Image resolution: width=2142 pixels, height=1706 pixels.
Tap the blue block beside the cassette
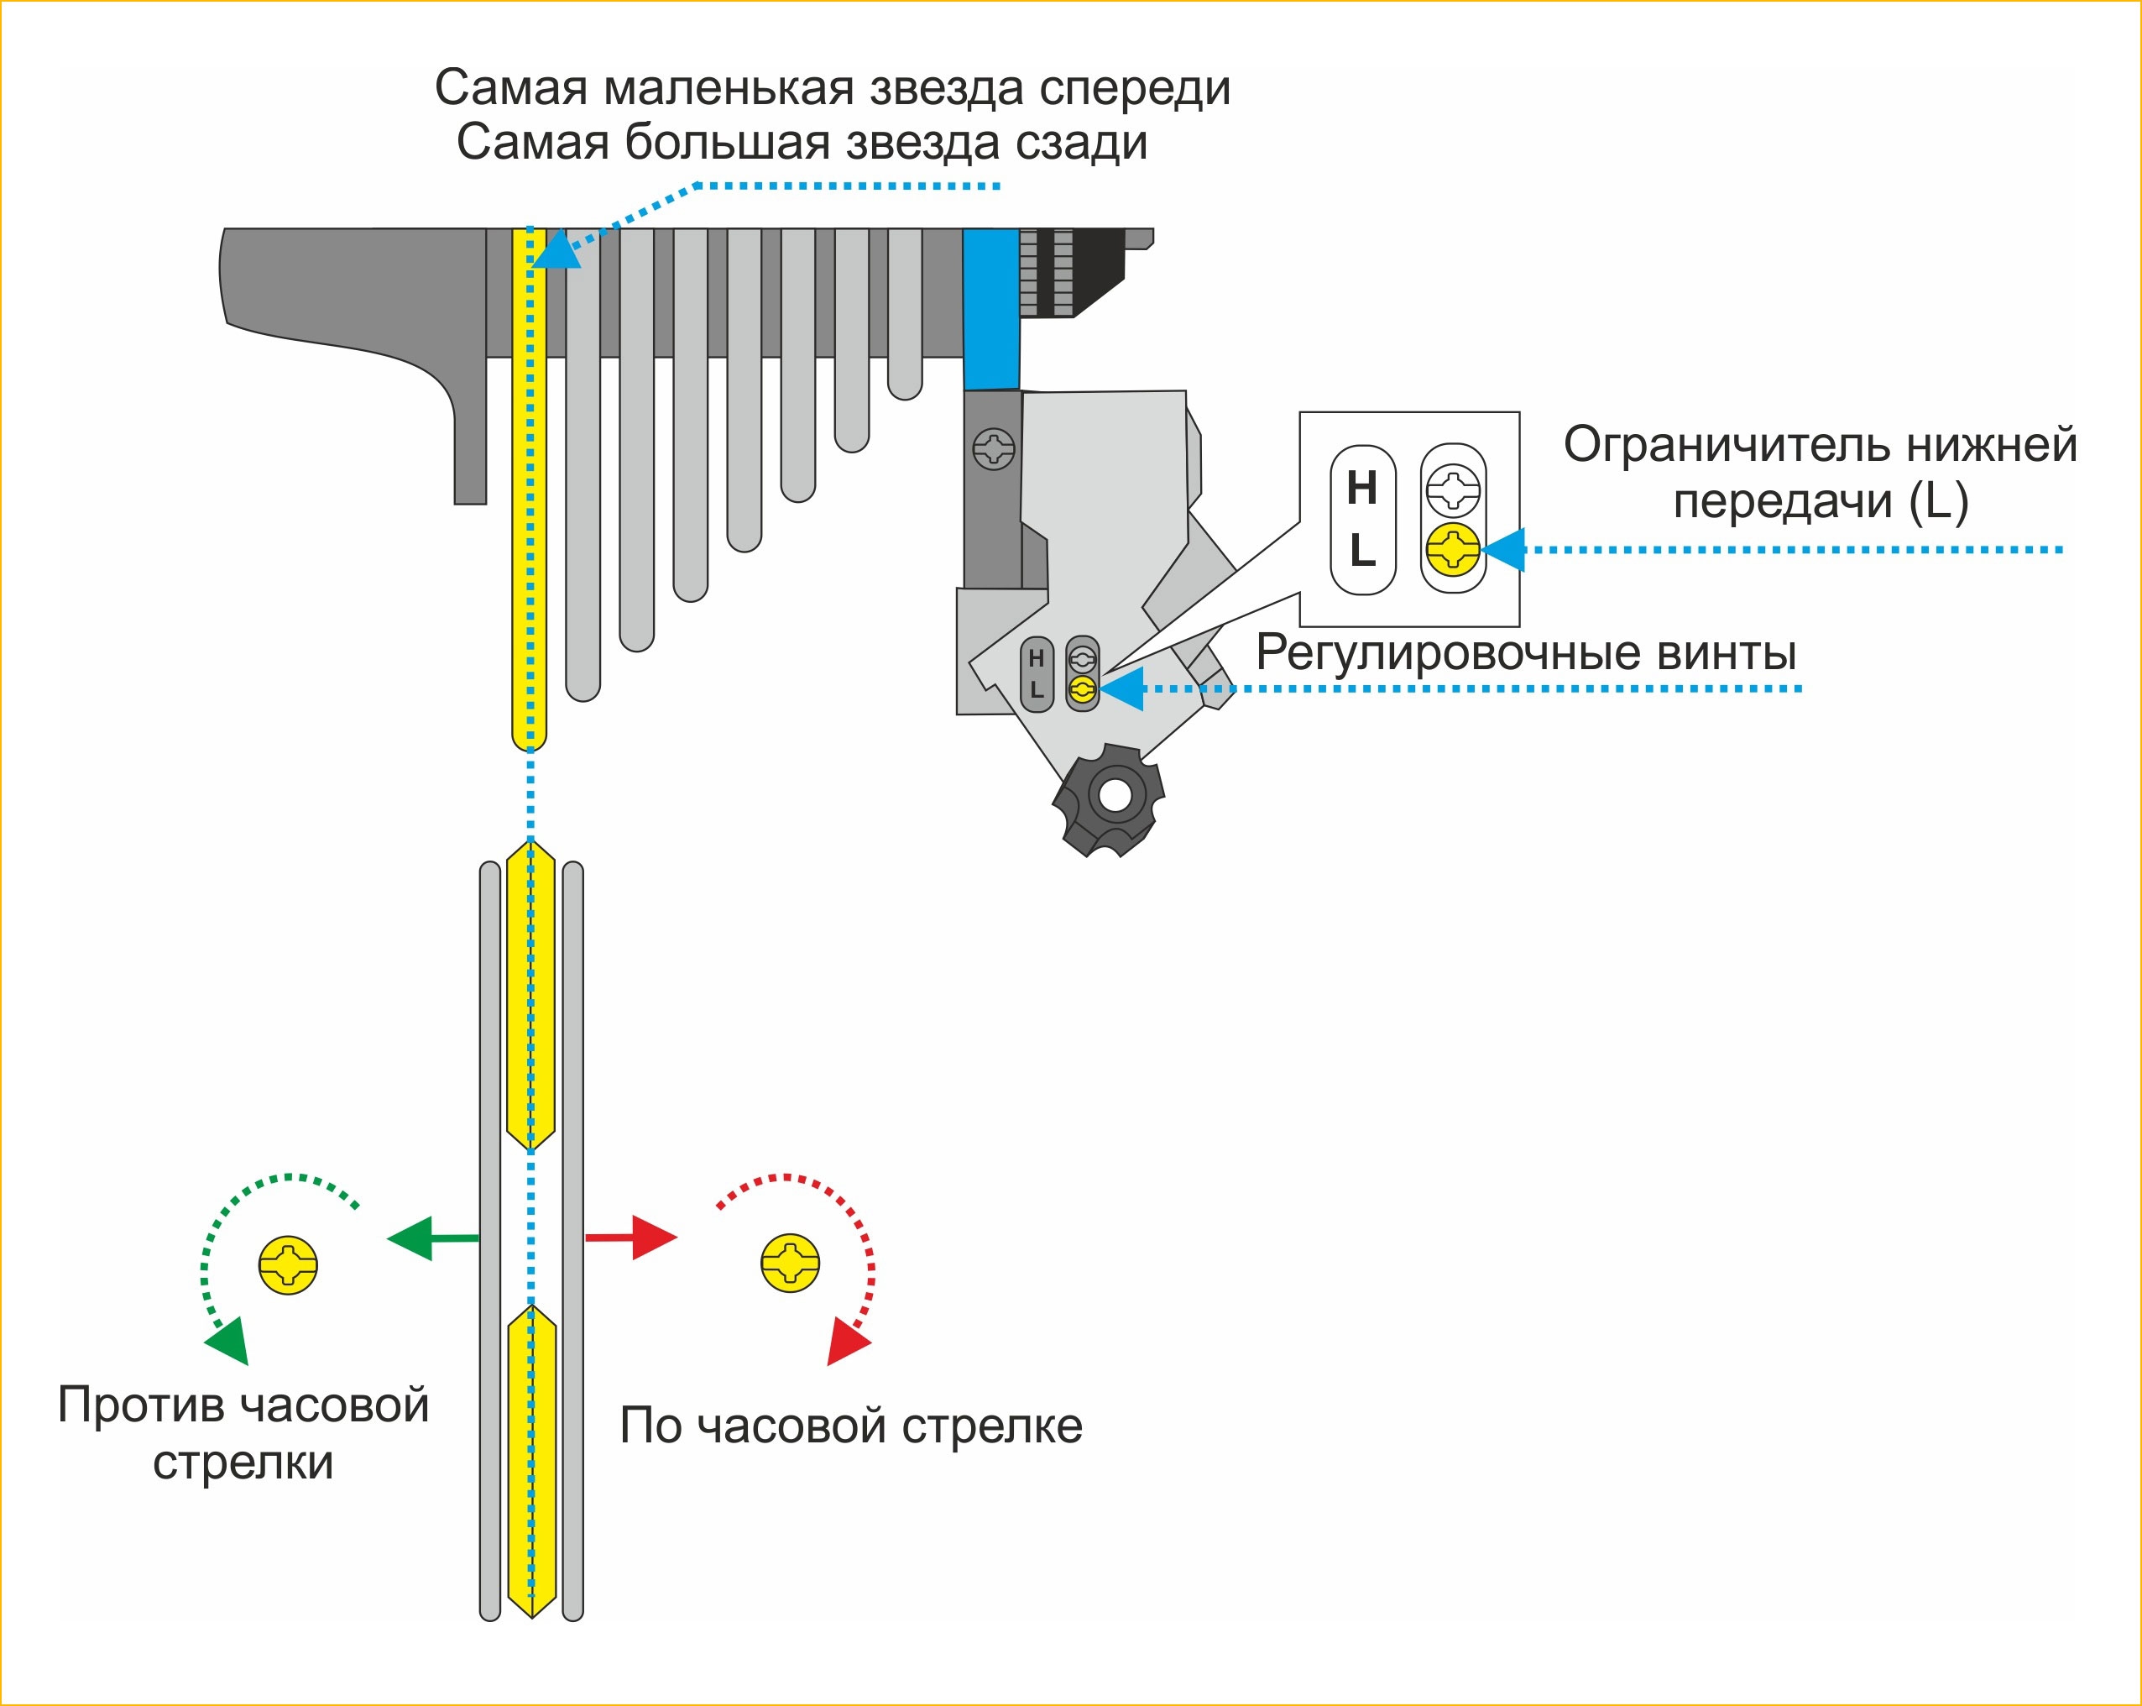[x=990, y=309]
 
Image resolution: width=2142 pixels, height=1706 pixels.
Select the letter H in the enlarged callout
[x=1362, y=488]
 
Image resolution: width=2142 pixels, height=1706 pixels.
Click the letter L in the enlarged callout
[x=1362, y=549]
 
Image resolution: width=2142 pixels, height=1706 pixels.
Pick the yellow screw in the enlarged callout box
[x=1453, y=549]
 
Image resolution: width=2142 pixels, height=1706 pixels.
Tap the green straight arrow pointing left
[x=432, y=1238]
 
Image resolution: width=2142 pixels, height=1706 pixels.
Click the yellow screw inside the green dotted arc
[x=288, y=1265]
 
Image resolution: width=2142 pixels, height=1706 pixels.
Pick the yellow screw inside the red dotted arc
[x=790, y=1264]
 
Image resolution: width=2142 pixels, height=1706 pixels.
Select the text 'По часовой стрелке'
[x=850, y=1426]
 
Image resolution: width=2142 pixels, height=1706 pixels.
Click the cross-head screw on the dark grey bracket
[x=994, y=449]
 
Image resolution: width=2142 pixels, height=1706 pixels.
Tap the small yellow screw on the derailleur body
[x=1082, y=688]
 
